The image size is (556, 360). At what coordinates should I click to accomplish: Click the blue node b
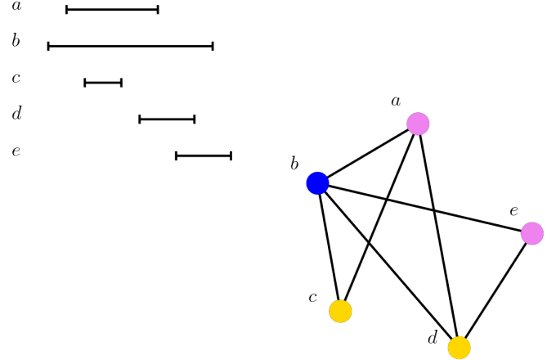(318, 183)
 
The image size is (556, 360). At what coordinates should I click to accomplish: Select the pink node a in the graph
(418, 124)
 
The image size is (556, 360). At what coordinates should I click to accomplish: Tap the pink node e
(532, 233)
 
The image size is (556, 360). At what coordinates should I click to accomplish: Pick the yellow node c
(340, 311)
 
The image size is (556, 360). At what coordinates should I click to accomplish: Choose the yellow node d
(460, 348)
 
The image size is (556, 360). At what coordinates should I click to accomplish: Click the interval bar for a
(112, 10)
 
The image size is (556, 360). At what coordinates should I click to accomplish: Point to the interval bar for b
(131, 46)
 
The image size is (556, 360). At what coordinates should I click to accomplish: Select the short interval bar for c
(103, 83)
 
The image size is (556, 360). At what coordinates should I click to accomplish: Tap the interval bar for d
(167, 119)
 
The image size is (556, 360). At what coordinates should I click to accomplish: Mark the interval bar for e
(204, 155)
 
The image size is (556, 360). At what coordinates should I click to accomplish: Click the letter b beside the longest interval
(16, 40)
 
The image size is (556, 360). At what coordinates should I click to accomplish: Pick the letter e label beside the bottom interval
(16, 151)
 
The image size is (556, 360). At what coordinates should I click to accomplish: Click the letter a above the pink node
(396, 101)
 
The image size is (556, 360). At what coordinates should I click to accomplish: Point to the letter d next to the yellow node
(433, 338)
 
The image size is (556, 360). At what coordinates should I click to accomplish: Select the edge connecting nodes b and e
(425, 208)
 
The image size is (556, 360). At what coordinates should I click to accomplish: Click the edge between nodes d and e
(495, 290)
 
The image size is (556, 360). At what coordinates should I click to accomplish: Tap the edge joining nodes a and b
(368, 154)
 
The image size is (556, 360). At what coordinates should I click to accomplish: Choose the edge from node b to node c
(329, 247)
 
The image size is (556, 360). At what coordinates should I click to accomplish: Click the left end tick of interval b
(48, 46)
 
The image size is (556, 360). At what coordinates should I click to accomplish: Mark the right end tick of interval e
(231, 155)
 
